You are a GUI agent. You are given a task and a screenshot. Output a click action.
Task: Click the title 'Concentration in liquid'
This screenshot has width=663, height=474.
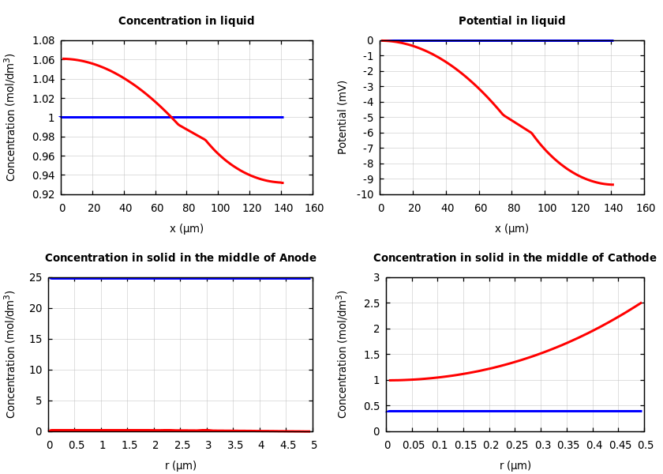pyautogui.click(x=186, y=21)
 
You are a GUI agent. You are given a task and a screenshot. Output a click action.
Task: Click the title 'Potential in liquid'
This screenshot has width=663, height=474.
pyautogui.click(x=511, y=21)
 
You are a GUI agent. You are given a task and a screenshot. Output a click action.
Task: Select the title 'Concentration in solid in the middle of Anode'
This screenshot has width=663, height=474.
pyautogui.click(x=180, y=258)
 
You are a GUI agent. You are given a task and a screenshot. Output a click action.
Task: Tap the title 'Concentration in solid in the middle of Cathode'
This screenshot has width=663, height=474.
pyautogui.click(x=515, y=258)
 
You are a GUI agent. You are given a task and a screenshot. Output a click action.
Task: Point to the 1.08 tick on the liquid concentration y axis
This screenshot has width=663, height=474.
pyautogui.click(x=43, y=40)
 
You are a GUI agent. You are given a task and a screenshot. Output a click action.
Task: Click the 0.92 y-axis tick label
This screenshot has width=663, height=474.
pyautogui.click(x=43, y=194)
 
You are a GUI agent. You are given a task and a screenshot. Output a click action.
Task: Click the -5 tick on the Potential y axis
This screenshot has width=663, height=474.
pyautogui.click(x=368, y=118)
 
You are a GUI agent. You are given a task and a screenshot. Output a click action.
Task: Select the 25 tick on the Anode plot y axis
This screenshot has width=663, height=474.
pyautogui.click(x=35, y=277)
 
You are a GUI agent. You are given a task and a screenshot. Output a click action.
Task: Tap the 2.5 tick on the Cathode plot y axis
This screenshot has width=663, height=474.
pyautogui.click(x=372, y=303)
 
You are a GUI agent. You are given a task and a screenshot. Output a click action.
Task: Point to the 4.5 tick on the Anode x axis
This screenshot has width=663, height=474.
pyautogui.click(x=287, y=446)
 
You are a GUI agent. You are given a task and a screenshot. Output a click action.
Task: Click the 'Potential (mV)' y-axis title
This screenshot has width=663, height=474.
pyautogui.click(x=343, y=117)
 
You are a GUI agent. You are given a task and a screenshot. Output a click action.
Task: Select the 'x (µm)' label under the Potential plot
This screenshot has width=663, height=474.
pyautogui.click(x=511, y=229)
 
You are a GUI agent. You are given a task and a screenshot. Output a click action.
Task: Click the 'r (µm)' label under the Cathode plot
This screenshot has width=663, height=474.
pyautogui.click(x=515, y=466)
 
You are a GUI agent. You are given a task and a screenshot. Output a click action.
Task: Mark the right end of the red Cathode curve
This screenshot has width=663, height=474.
pyautogui.click(x=641, y=303)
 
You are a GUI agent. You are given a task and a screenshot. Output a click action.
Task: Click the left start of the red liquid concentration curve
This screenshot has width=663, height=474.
pyautogui.click(x=62, y=58)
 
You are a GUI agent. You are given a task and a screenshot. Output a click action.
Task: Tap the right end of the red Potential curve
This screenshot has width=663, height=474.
pyautogui.click(x=612, y=185)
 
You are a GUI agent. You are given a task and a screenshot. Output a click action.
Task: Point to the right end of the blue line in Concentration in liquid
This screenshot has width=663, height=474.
pyautogui.click(x=283, y=117)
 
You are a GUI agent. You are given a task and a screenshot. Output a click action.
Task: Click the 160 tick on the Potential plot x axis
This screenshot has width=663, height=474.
pyautogui.click(x=646, y=209)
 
